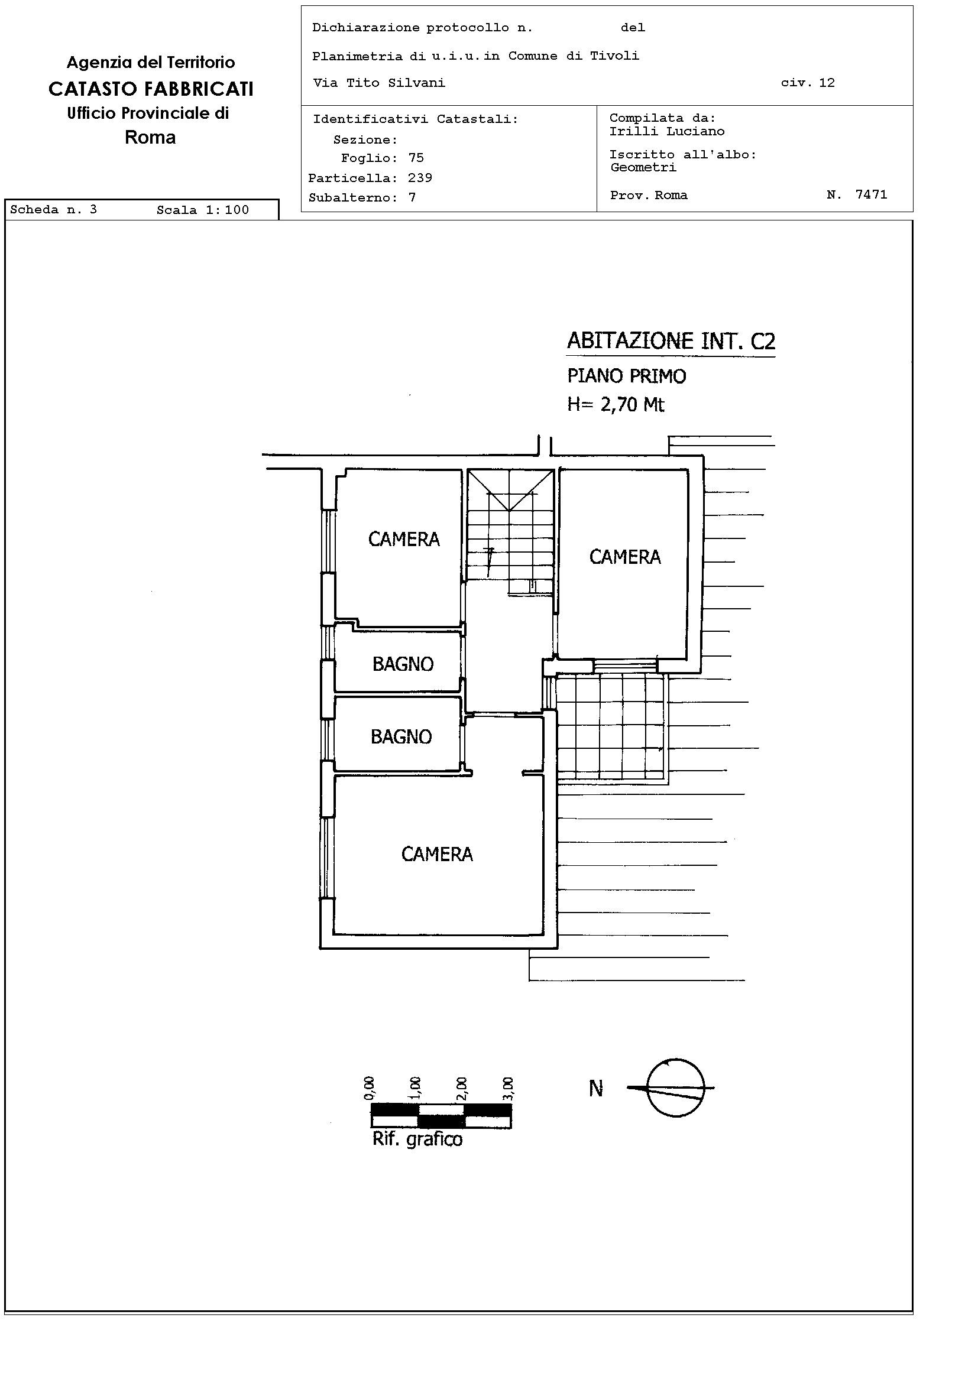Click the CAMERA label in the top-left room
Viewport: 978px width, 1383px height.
coord(404,539)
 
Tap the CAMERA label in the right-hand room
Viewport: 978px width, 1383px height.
coord(625,557)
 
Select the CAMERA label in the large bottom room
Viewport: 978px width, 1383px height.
coord(437,854)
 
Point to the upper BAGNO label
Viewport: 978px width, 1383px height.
coord(403,664)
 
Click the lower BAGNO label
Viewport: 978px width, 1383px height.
coord(401,736)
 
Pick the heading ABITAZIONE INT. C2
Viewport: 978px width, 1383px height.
coord(671,342)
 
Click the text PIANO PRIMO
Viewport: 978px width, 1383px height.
coord(627,376)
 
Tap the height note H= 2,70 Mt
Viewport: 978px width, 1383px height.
coord(616,404)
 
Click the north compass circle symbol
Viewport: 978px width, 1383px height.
coord(675,1088)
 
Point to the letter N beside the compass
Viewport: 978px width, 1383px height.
coord(596,1089)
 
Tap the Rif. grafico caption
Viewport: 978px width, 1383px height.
coord(417,1139)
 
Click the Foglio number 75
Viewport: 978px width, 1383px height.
coord(416,158)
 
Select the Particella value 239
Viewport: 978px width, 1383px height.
coord(420,178)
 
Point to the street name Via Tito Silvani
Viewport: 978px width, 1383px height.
coord(379,83)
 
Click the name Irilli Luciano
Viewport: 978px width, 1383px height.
coord(667,131)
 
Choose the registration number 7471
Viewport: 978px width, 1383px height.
coord(872,194)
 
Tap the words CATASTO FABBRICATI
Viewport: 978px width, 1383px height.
coord(151,89)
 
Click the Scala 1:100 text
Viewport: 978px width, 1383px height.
coord(202,210)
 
